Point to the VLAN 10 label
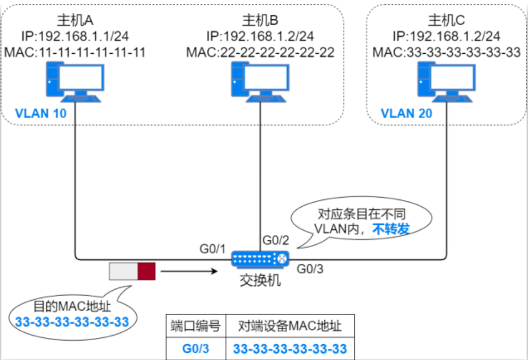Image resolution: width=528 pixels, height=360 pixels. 41,114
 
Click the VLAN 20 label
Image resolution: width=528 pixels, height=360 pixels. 406,114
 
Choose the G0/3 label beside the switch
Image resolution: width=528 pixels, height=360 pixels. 311,270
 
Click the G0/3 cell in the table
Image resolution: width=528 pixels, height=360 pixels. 196,349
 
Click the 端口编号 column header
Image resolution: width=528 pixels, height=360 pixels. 196,327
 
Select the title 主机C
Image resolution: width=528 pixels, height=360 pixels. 446,20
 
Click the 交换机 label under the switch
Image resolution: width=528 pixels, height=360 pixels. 260,280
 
